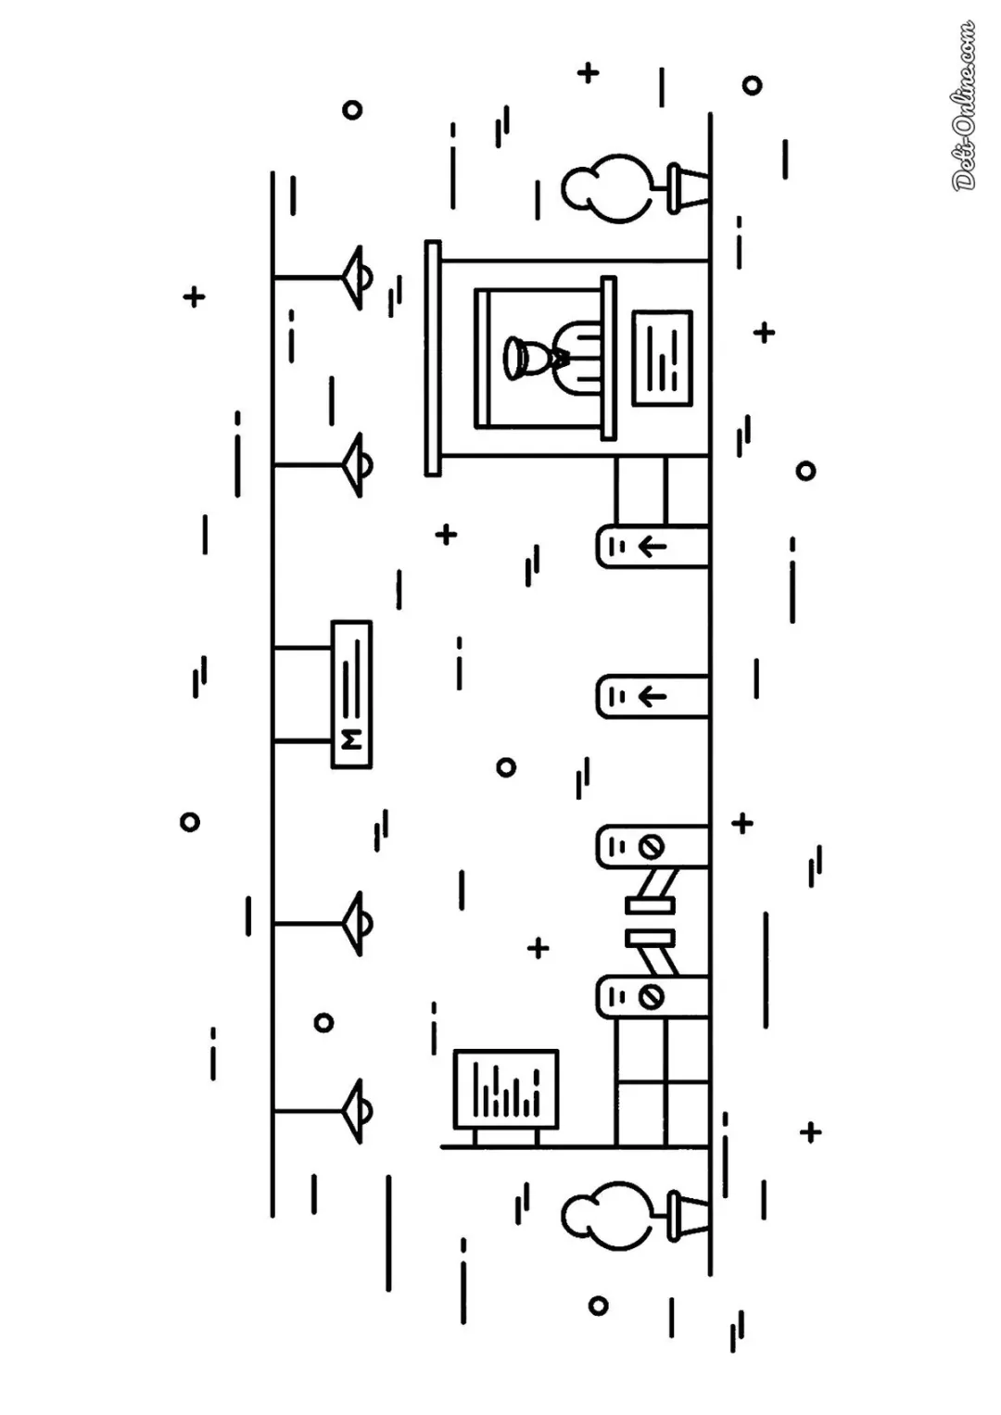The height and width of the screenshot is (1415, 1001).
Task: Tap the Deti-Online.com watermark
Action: (x=964, y=106)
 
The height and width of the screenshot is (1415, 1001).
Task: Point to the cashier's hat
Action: (x=515, y=358)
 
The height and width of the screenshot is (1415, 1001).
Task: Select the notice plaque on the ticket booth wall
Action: (x=663, y=359)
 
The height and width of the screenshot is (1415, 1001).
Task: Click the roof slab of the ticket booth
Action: (x=433, y=359)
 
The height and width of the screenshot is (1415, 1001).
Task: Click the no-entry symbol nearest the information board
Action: (x=651, y=997)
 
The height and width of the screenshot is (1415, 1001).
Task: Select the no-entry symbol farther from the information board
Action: (x=651, y=846)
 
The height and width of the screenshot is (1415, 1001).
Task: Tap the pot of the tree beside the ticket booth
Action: (x=688, y=188)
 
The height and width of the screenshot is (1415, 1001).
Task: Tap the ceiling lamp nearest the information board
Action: (x=357, y=1111)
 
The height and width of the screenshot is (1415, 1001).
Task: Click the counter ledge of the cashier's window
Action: (x=608, y=359)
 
